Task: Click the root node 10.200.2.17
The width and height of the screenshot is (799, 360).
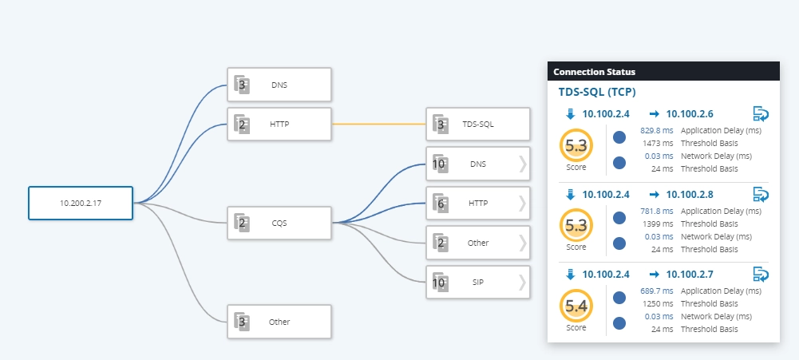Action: pyautogui.click(x=81, y=203)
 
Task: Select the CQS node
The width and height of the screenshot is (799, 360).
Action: pyautogui.click(x=279, y=223)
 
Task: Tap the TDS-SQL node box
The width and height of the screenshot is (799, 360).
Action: pyautogui.click(x=478, y=124)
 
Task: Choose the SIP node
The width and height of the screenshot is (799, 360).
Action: pyautogui.click(x=478, y=282)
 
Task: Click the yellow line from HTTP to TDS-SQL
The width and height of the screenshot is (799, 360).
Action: pyautogui.click(x=378, y=124)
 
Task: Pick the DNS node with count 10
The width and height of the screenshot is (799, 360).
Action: pyautogui.click(x=478, y=164)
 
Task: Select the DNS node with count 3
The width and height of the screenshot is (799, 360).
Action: pyautogui.click(x=279, y=85)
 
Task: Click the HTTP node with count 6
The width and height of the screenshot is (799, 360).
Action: pyautogui.click(x=478, y=203)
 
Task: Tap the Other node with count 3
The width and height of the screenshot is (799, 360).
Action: pyautogui.click(x=279, y=322)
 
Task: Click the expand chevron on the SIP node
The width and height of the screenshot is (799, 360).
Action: pyautogui.click(x=522, y=282)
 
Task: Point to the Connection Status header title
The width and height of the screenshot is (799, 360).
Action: pyautogui.click(x=594, y=72)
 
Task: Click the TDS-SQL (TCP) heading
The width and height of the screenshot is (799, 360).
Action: pyautogui.click(x=597, y=93)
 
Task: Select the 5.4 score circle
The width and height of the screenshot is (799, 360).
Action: pyautogui.click(x=576, y=307)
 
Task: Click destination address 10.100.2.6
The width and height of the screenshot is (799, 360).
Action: pyautogui.click(x=690, y=114)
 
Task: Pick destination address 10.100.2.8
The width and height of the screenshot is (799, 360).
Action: pyautogui.click(x=690, y=194)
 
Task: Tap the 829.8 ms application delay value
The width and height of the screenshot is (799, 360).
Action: pyautogui.click(x=656, y=130)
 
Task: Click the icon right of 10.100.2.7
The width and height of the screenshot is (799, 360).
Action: pyautogui.click(x=761, y=275)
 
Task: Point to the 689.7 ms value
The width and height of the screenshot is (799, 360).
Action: pyautogui.click(x=656, y=291)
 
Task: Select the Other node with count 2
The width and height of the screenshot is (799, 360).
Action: pyautogui.click(x=478, y=243)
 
